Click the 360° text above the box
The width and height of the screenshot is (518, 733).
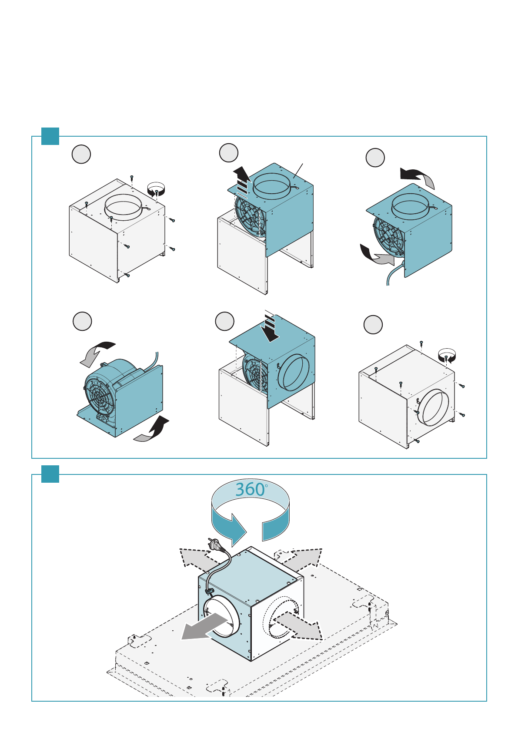pos(251,489)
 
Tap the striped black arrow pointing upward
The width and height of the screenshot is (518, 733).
pos(242,182)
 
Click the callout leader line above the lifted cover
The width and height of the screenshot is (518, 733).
pos(298,171)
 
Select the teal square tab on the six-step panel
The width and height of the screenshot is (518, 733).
pos(50,136)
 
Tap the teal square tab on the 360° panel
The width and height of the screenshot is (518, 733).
pos(50,474)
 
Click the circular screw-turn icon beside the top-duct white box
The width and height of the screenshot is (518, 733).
pos(156,189)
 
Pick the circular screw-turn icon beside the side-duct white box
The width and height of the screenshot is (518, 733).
pos(447,356)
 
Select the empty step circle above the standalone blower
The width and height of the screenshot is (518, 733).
pos(82,321)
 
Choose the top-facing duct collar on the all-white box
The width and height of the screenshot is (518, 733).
pos(123,207)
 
